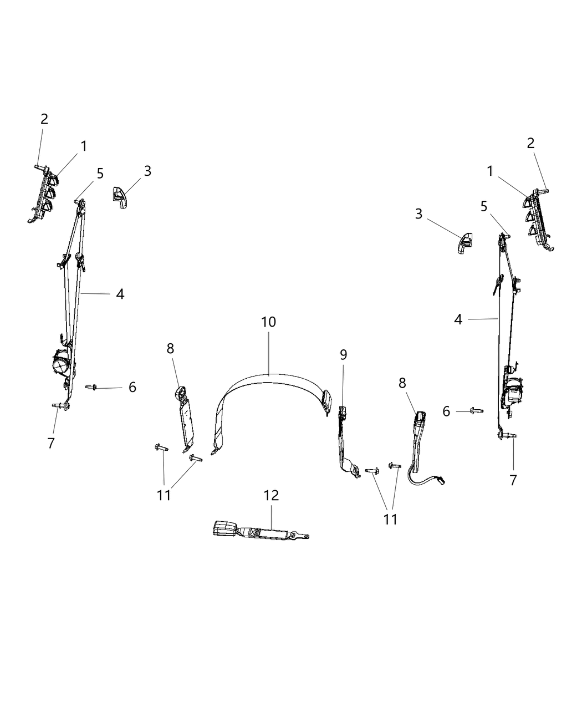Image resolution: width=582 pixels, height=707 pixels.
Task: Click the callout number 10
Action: tap(268, 322)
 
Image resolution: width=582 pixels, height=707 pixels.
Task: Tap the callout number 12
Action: tap(271, 495)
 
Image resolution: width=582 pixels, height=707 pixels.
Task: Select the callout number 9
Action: tap(344, 355)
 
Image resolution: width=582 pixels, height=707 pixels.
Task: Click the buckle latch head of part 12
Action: tap(224, 527)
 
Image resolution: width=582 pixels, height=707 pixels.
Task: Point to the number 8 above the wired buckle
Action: tap(402, 383)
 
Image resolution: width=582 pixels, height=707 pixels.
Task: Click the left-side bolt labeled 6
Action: tap(91, 388)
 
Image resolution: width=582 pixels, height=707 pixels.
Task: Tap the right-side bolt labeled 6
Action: tap(475, 411)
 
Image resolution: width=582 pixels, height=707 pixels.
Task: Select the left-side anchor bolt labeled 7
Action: tap(58, 406)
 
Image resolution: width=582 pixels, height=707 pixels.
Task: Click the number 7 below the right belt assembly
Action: tap(513, 480)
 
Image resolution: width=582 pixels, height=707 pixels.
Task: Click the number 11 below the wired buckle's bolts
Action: tap(390, 519)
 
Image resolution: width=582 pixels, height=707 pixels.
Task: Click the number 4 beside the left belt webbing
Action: tap(120, 294)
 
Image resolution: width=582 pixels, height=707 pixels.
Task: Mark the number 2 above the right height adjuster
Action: tap(530, 143)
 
